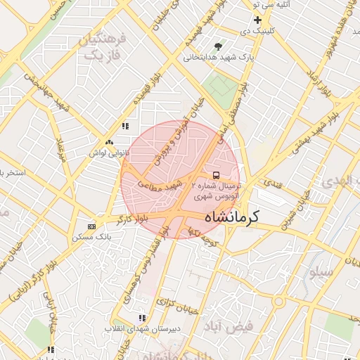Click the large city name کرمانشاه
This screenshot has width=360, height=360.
pos(231,217)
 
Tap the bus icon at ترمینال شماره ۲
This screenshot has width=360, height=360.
pos(215,175)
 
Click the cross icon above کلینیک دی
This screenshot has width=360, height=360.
pos(258,20)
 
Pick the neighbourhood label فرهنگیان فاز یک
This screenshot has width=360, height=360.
pos(103,46)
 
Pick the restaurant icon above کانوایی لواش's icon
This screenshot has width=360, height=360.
pos(125,127)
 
